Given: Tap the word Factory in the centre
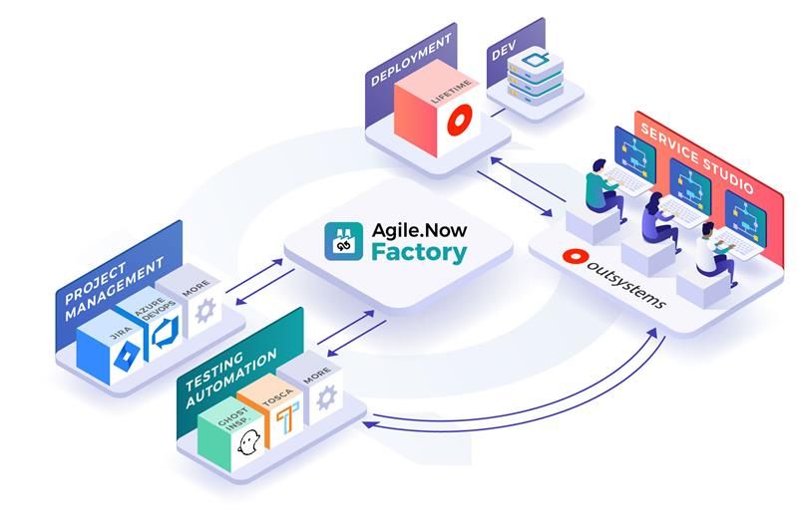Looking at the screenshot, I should (x=418, y=252).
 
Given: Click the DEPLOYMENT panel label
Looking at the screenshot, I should (x=409, y=59).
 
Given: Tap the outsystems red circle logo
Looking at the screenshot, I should (x=574, y=257).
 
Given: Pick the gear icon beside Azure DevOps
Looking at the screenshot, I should (x=205, y=312).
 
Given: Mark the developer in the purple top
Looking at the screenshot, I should (x=657, y=216).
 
